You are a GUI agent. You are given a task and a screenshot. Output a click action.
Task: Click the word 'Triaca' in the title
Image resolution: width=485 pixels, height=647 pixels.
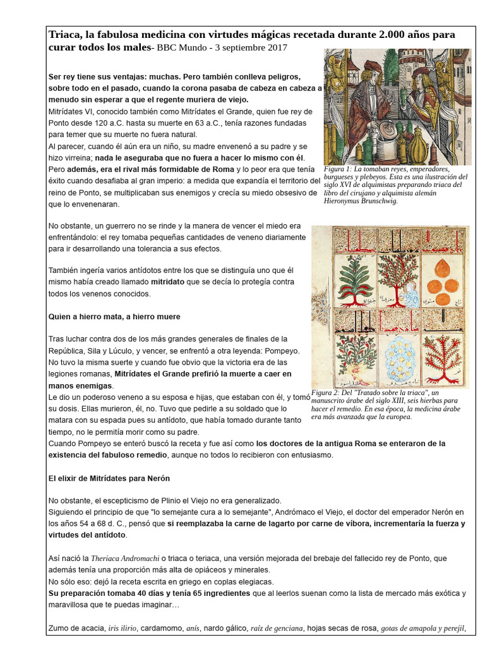pos(66,34)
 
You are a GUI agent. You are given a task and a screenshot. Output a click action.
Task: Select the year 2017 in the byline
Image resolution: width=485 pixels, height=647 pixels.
pos(275,47)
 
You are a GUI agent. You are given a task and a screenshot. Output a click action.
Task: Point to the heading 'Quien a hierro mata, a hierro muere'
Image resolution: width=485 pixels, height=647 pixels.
pos(114,317)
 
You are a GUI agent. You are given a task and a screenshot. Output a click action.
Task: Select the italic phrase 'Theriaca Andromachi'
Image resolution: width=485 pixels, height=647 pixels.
pos(126,559)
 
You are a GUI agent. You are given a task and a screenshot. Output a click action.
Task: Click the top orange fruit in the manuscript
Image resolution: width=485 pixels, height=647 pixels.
pos(441,264)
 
